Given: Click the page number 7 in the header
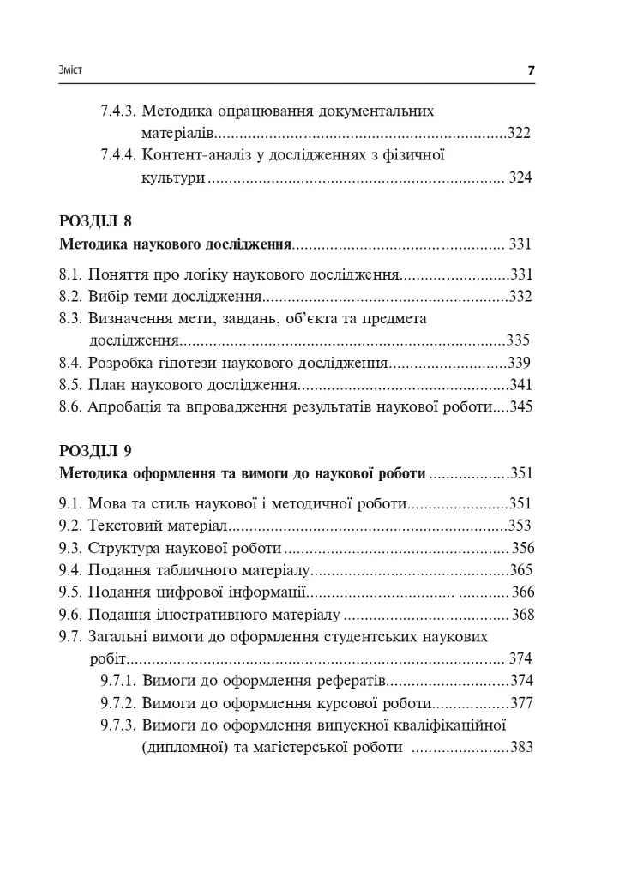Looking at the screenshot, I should (531, 70).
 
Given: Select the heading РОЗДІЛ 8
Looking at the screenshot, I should (96, 222).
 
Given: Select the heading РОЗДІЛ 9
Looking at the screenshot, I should (96, 450).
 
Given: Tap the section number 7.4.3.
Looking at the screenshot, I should (117, 111).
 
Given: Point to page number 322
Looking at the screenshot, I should (520, 133).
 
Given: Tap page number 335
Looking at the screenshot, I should (520, 340).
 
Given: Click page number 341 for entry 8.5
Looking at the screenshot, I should (520, 384).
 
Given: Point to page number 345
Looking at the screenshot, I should (520, 406).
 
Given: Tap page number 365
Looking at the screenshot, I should (520, 569).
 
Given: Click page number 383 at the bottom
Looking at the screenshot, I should (520, 747).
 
